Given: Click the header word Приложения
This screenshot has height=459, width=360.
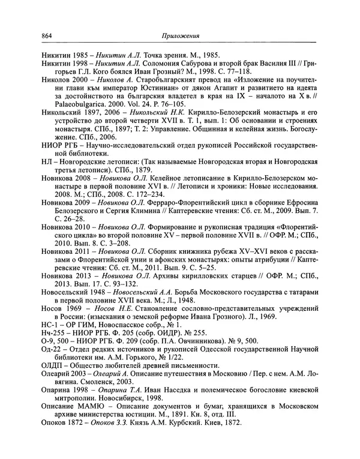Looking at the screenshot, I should coord(184,35).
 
